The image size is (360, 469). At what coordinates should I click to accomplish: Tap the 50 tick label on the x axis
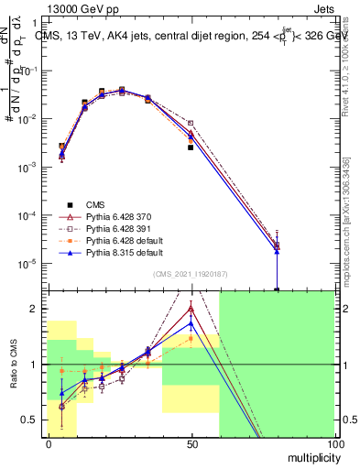(x=191, y=443)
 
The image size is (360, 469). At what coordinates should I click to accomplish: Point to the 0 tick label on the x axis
(x=48, y=443)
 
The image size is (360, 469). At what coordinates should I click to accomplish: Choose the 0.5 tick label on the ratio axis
(x=30, y=420)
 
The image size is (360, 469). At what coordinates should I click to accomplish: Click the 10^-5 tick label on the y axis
(x=30, y=264)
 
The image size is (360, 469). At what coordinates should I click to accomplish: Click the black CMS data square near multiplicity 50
(x=191, y=147)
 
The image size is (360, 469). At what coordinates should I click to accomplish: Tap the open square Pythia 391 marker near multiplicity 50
(x=191, y=123)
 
